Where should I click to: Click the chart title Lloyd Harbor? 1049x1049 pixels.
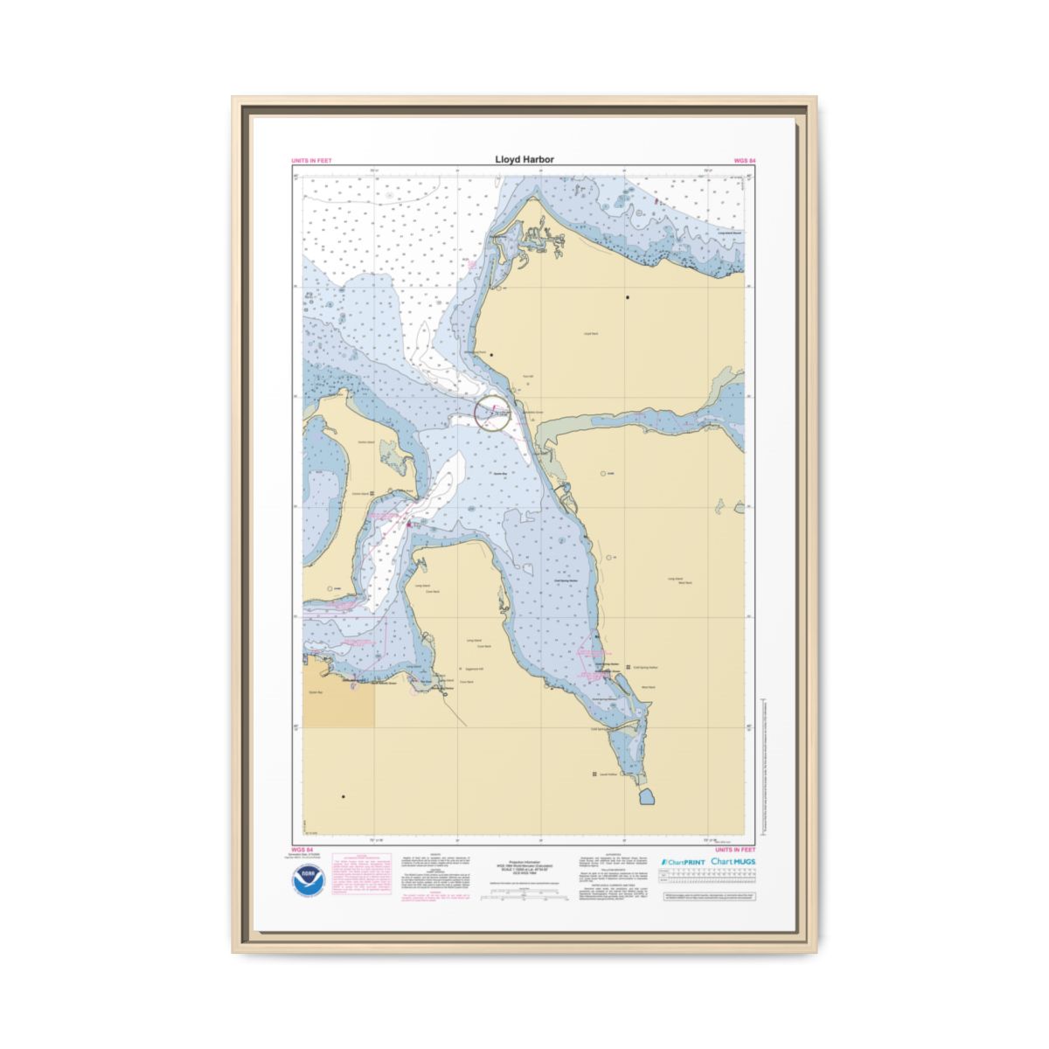tap(524, 160)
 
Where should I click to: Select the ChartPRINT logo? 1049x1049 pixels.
tap(682, 862)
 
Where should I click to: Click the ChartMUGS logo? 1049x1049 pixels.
tap(733, 861)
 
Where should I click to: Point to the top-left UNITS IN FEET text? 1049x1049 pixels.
tap(311, 161)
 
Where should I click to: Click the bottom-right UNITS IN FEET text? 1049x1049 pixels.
tap(735, 849)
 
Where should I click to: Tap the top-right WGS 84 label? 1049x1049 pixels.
tap(745, 161)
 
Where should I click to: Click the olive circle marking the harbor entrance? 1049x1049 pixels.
tap(492, 413)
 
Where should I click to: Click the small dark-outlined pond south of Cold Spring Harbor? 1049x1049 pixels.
tap(648, 796)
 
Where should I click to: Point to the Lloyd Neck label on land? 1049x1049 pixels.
tap(589, 334)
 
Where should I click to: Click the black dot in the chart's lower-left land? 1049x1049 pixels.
tap(344, 796)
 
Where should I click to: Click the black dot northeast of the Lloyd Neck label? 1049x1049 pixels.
tap(627, 297)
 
